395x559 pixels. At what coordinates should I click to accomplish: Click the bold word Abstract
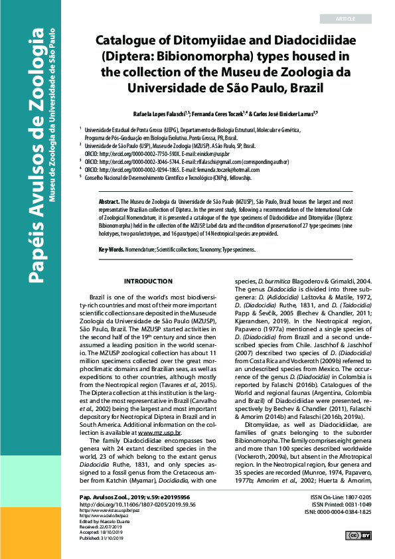tap(110, 200)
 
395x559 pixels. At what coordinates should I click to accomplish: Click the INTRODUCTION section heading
tap(149, 264)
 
